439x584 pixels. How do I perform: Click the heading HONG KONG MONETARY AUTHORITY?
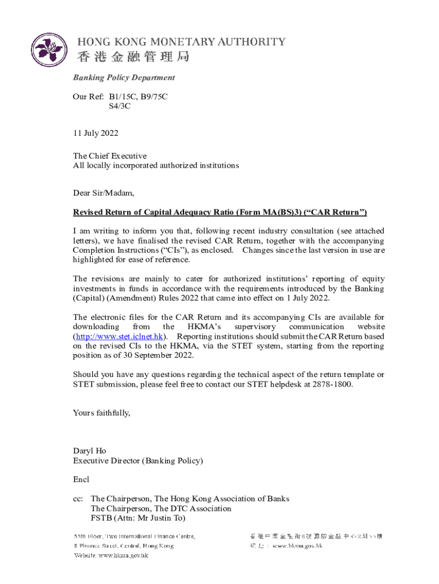(181, 42)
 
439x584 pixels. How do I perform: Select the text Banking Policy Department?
(124, 78)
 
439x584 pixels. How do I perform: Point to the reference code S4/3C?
(120, 106)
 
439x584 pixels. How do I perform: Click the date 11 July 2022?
(95, 133)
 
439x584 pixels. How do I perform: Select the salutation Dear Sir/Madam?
(103, 193)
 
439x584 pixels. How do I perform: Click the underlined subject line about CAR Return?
(219, 213)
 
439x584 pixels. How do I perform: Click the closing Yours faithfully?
(101, 412)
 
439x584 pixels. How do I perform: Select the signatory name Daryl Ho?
(90, 451)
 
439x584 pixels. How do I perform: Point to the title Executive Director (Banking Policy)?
(137, 460)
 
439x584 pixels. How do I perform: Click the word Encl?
(81, 480)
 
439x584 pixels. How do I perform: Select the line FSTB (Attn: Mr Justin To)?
(138, 518)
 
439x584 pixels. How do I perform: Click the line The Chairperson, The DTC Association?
(161, 509)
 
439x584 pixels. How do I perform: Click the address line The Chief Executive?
(109, 156)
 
